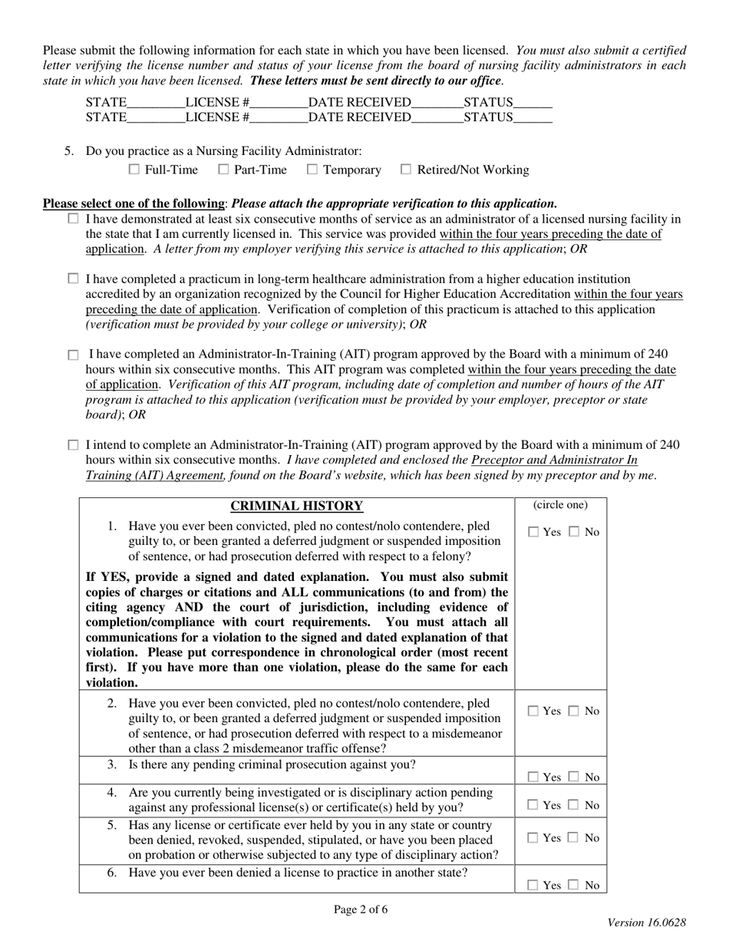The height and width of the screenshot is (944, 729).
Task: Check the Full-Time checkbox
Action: click(x=134, y=170)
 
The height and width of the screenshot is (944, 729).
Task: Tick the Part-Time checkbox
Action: click(x=223, y=170)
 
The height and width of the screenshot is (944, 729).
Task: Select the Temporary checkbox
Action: click(x=312, y=170)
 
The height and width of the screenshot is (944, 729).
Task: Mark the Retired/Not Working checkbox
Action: click(x=407, y=170)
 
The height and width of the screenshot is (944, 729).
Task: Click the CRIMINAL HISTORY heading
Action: click(x=296, y=506)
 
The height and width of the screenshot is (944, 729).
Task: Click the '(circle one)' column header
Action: click(x=560, y=505)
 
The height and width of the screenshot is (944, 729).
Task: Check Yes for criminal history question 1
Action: click(x=533, y=533)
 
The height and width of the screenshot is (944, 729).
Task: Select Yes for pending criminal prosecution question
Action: click(x=533, y=777)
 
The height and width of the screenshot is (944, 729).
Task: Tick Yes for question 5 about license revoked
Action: click(x=533, y=839)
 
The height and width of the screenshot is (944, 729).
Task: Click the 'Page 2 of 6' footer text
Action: click(x=361, y=910)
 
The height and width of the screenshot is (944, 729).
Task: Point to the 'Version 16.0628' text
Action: click(x=647, y=924)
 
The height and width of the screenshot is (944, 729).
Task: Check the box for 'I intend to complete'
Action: click(x=74, y=445)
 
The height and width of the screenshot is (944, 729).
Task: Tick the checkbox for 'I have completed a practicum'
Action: click(x=74, y=279)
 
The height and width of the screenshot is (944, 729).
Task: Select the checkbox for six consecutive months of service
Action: click(x=74, y=219)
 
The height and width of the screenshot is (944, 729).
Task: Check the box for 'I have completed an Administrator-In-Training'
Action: click(x=74, y=355)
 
